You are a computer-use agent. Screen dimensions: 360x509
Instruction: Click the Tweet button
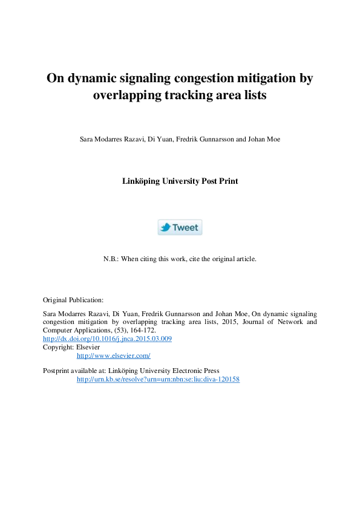[x=180, y=227]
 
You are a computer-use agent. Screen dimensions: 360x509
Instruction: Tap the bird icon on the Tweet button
[x=165, y=227]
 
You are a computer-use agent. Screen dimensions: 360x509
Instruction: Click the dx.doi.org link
[x=107, y=339]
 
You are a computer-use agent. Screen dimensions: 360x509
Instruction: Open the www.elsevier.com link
[x=113, y=355]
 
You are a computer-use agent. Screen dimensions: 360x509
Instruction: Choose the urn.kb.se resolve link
[x=158, y=379]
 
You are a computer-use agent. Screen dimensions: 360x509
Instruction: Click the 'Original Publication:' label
[x=73, y=300]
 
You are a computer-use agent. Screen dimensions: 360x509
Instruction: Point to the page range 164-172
[x=142, y=331]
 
